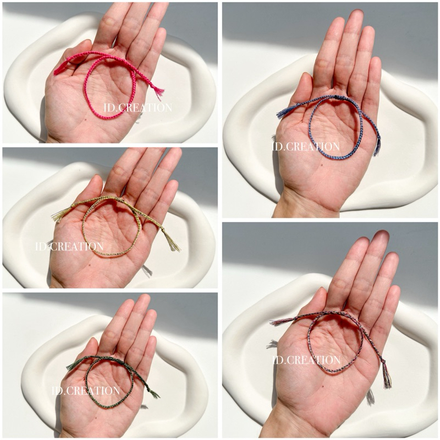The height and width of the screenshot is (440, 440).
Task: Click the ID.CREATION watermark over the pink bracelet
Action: pos(138,107)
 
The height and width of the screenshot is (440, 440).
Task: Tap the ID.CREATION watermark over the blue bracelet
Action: pos(306,146)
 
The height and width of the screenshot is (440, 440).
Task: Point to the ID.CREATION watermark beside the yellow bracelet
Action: pos(69,246)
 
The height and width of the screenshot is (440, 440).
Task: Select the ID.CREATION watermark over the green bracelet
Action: pos(86,391)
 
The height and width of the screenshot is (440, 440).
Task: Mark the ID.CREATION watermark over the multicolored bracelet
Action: pos(307,360)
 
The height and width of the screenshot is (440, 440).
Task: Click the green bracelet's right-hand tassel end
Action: pos(153,393)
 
